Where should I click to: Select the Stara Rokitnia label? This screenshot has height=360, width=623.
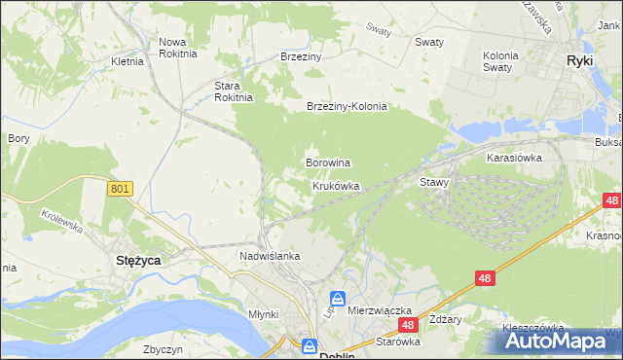point(234,90)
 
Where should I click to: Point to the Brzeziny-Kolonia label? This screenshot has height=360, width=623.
point(347,107)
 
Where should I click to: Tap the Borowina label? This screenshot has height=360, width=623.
point(328,162)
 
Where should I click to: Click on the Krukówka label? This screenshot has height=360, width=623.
point(336,185)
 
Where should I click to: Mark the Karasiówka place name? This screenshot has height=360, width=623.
point(514,156)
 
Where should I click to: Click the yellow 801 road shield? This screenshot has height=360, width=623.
point(120,189)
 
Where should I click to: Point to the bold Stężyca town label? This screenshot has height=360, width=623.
point(138,261)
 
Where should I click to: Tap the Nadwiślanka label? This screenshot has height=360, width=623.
point(270,256)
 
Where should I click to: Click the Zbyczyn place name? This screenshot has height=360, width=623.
point(164,348)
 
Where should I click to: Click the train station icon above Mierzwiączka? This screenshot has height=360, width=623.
point(337,299)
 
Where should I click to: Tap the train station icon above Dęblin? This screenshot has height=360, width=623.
point(310,345)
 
